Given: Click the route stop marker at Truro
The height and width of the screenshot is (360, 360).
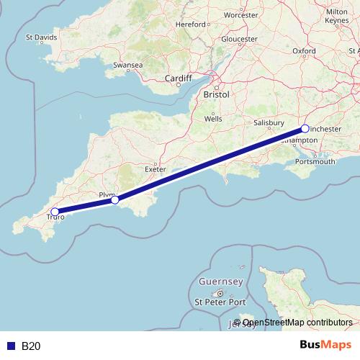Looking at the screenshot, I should click(55, 212).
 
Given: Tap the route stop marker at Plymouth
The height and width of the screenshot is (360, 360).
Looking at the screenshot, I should click(115, 200).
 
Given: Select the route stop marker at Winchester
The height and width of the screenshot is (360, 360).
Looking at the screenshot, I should click(305, 129).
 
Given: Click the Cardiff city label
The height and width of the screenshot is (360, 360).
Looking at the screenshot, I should click(178, 78).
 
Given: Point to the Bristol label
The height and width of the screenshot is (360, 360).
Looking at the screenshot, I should click(216, 94).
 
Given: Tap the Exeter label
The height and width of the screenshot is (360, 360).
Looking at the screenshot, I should click(156, 168).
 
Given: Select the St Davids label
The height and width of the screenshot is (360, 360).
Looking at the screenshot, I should click(41, 37).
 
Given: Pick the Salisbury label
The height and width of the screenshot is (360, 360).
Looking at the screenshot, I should click(270, 123).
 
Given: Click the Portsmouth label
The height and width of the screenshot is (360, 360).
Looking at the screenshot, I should click(315, 162).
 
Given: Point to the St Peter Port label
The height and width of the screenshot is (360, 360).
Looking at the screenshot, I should click(221, 302).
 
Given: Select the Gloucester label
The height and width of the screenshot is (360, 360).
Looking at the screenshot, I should click(239, 39).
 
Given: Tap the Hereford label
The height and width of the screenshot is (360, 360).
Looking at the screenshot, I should click(191, 24).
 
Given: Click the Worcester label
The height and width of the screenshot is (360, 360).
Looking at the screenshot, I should click(240, 14).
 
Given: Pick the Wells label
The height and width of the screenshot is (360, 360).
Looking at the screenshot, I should click(213, 118).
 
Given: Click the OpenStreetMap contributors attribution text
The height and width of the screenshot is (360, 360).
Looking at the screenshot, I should click(297, 323).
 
